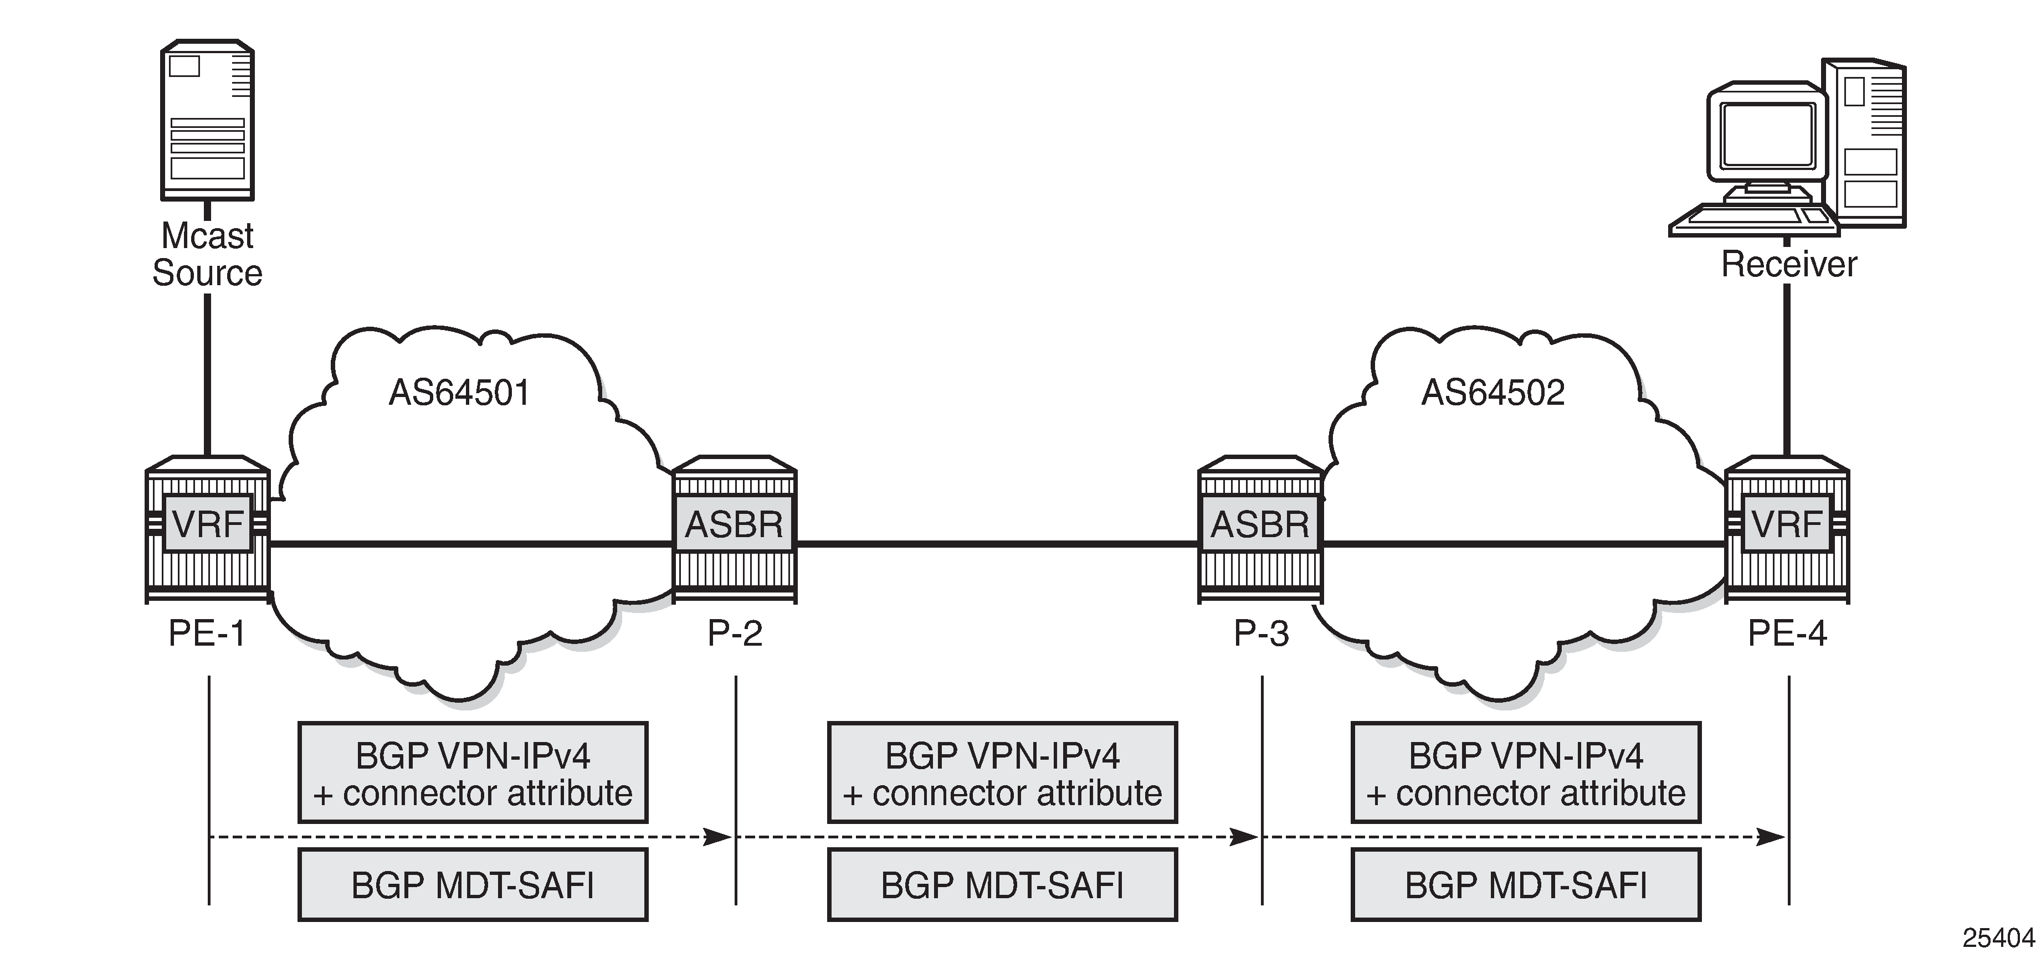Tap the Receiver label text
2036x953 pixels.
(1788, 265)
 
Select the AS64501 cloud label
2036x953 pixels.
(459, 393)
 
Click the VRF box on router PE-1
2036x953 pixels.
(207, 524)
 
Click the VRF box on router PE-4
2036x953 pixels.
(1787, 524)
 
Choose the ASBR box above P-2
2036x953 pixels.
(734, 524)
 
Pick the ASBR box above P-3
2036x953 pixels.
(1260, 524)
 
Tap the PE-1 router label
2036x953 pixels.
(207, 633)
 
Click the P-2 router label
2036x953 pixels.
(735, 633)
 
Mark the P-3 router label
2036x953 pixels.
(1261, 633)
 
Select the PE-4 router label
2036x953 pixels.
(1788, 633)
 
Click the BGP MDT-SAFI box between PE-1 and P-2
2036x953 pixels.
(473, 885)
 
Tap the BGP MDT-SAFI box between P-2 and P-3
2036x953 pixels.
(1002, 885)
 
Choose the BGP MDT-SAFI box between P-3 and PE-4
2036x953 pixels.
(1525, 885)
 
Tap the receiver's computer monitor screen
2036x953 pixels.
(1767, 135)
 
